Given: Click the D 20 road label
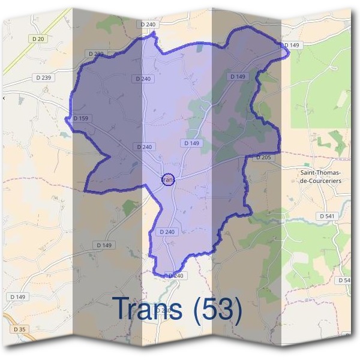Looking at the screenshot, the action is [x=39, y=38].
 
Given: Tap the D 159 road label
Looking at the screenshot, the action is [x=81, y=118].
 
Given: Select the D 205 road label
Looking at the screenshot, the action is [x=264, y=157].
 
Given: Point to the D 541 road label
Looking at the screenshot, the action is [x=328, y=215].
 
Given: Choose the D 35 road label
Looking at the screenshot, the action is [x=19, y=329].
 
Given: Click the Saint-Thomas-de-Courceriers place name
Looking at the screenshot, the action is [x=320, y=176].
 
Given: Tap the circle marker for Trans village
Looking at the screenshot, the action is [x=169, y=179].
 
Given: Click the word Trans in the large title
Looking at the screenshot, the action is [x=148, y=309].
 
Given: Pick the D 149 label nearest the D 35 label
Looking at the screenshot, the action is [x=19, y=297].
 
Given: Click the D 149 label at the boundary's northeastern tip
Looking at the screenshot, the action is [x=292, y=45].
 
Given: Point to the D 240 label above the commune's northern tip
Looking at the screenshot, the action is [x=148, y=24].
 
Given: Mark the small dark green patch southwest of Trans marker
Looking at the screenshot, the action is [x=129, y=207].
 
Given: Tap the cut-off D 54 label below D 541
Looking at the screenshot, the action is [x=344, y=280].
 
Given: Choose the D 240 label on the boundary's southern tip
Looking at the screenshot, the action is [x=175, y=275].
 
